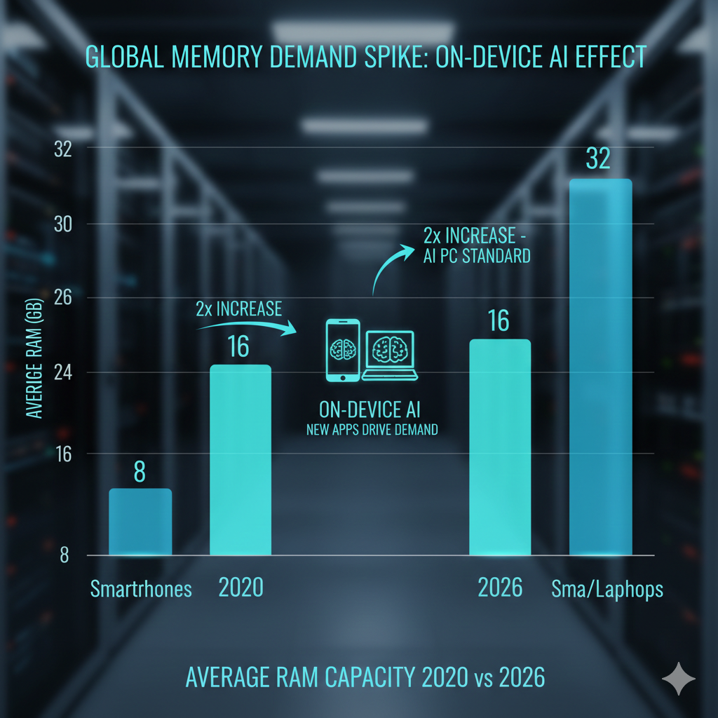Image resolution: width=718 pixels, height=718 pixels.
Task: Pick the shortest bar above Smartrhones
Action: pyautogui.click(x=140, y=522)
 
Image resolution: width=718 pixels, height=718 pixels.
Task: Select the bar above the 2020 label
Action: pyautogui.click(x=239, y=460)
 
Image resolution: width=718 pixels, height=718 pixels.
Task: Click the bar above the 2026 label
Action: pyautogui.click(x=499, y=447)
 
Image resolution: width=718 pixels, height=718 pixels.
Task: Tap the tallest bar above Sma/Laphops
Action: pyautogui.click(x=600, y=367)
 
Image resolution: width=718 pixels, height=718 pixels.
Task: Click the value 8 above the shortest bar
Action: pyautogui.click(x=140, y=471)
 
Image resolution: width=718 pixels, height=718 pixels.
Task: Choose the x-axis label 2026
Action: pyautogui.click(x=500, y=588)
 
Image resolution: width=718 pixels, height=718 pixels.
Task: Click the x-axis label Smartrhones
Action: pyautogui.click(x=141, y=589)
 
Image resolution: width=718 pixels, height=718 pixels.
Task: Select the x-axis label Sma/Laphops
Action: pyautogui.click(x=606, y=589)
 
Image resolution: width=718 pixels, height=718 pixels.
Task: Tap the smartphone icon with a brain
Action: pyautogui.click(x=343, y=351)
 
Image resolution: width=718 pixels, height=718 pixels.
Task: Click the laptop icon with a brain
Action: pyautogui.click(x=390, y=355)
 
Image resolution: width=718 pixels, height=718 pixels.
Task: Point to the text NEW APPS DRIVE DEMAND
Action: pyautogui.click(x=372, y=429)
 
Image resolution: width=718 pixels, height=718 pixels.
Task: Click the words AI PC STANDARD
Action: pyautogui.click(x=476, y=256)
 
